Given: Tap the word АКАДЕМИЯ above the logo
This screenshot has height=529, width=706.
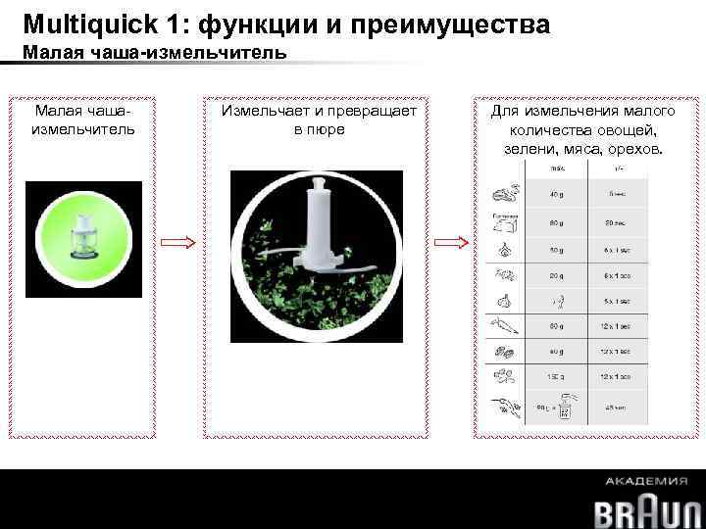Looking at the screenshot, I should (x=646, y=481).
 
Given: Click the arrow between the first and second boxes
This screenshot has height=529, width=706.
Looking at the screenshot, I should (x=179, y=243).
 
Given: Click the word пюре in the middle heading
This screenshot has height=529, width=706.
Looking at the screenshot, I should (x=320, y=129).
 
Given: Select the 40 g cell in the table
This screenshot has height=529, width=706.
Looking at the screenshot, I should (x=556, y=196).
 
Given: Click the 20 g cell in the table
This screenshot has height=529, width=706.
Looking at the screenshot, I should (x=556, y=276).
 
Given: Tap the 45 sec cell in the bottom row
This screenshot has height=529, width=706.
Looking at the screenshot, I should (x=617, y=409).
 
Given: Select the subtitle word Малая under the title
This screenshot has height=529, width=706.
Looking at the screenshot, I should (x=50, y=53).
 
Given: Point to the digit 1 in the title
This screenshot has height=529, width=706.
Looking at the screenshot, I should (x=178, y=22).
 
